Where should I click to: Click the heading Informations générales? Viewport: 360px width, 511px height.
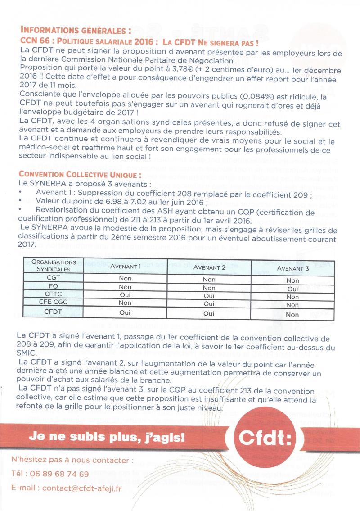(76, 32)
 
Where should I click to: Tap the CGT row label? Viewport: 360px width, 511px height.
(53, 278)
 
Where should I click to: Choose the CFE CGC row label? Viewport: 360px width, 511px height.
(53, 303)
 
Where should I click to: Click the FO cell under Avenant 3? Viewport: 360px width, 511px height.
(292, 289)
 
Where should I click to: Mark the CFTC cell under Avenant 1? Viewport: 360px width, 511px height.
(125, 295)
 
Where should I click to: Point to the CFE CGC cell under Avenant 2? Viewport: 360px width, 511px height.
(209, 303)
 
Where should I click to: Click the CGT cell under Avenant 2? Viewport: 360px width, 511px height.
(209, 280)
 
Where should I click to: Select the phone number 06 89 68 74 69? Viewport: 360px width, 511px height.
(58, 474)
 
